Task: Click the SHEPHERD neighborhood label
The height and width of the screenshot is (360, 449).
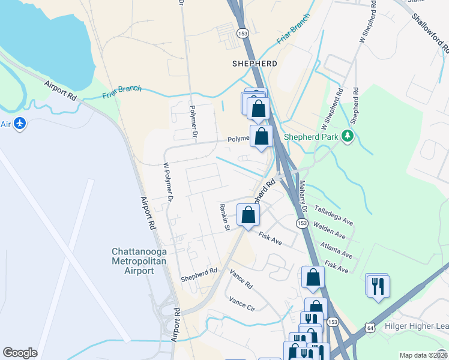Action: [x=255, y=63]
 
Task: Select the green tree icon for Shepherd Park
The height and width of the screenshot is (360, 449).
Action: [x=347, y=136]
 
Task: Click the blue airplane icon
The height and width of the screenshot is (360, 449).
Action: [x=20, y=124]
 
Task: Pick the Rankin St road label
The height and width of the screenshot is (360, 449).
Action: [x=225, y=217]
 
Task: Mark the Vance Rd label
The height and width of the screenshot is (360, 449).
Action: [x=241, y=278]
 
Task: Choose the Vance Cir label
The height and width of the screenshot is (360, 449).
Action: [x=243, y=302]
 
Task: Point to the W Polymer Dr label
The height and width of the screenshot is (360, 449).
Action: [x=169, y=181]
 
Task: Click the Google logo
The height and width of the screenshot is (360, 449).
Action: [x=20, y=353]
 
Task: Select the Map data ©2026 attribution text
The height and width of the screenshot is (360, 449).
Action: [x=423, y=355]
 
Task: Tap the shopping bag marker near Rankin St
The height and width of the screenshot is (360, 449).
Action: [x=248, y=215]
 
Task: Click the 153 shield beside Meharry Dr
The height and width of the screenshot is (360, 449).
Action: [x=301, y=223]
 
